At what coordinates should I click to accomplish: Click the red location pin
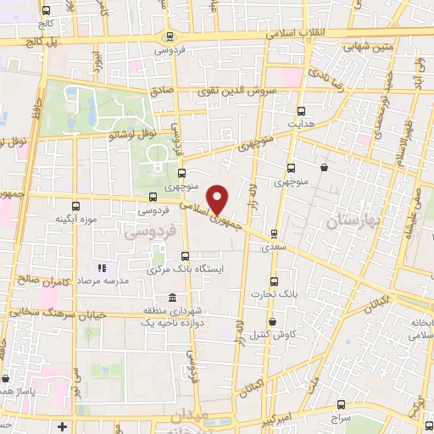pyautogui.click(x=218, y=198)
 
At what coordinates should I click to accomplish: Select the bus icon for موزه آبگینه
pyautogui.click(x=77, y=206)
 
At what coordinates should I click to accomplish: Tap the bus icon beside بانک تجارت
pyautogui.click(x=273, y=281)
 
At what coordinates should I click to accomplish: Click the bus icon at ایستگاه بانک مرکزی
pyautogui.click(x=185, y=256)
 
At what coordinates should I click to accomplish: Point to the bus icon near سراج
pyautogui.click(x=341, y=404)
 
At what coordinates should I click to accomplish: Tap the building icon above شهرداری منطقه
pyautogui.click(x=173, y=298)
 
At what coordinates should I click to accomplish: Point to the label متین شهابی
pyautogui.click(x=370, y=48)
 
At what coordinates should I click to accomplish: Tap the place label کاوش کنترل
pyautogui.click(x=272, y=336)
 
